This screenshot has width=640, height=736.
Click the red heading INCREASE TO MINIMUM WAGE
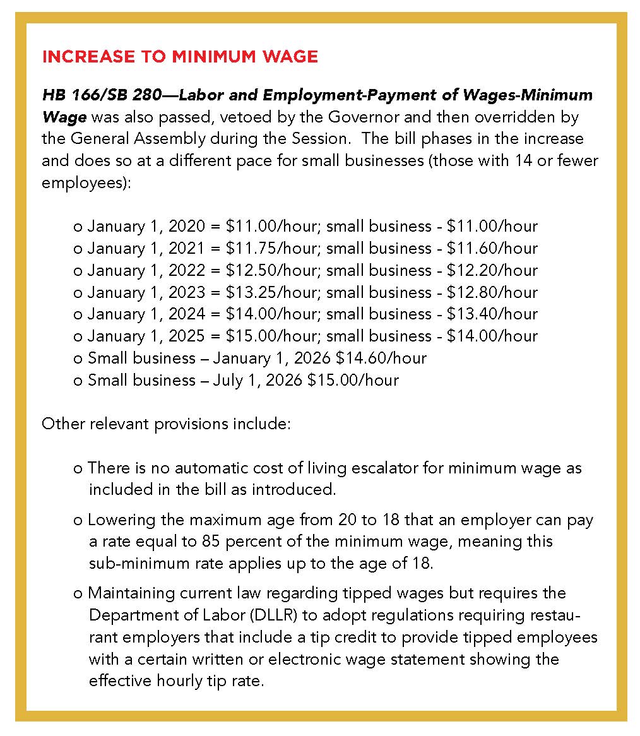coord(179,57)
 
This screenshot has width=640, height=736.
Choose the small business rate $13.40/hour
coord(492,314)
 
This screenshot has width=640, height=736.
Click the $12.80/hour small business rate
coord(492,292)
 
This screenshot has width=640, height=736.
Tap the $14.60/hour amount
coord(381,358)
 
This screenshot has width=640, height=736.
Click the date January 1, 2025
coord(146,336)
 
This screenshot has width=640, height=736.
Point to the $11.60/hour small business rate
coord(492,248)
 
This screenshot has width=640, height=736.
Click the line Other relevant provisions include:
coord(166,423)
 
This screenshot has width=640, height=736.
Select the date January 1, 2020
coord(146,226)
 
